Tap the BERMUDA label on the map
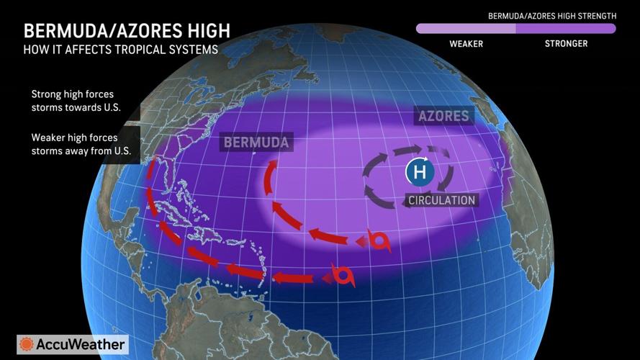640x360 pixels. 256,142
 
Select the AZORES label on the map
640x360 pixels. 442,116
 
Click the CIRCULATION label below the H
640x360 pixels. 441,199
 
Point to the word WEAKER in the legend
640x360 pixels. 466,44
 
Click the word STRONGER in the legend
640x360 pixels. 566,44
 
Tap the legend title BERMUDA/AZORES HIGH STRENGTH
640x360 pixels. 551,15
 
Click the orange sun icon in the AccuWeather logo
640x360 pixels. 27,344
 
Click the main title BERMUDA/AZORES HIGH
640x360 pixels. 127,30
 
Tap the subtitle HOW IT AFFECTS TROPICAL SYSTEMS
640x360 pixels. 120,50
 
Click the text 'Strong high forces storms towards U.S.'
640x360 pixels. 72,101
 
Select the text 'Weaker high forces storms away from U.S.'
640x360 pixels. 74,144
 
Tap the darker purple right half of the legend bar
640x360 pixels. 566,29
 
